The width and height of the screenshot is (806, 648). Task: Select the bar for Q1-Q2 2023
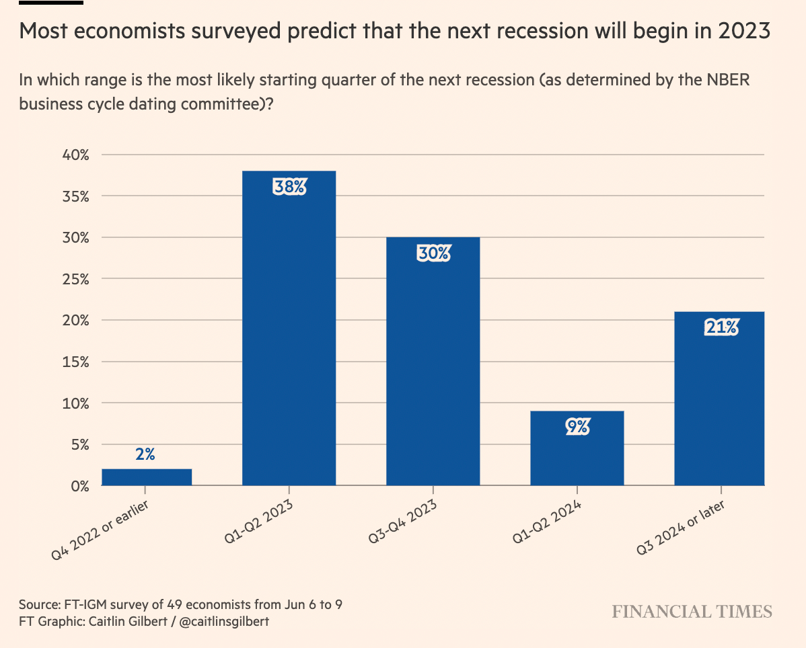[289, 336]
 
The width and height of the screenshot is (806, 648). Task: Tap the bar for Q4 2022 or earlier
[147, 477]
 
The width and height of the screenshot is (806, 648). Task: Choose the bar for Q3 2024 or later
[719, 403]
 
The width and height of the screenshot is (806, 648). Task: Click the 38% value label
[289, 187]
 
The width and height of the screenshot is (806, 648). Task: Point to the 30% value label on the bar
[433, 253]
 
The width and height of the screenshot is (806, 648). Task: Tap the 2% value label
[145, 454]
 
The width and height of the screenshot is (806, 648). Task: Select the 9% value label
[577, 426]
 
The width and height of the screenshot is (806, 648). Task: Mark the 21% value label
[721, 327]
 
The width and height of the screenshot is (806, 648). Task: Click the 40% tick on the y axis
[75, 155]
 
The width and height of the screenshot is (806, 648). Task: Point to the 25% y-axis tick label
[75, 279]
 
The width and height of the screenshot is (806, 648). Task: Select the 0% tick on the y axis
[79, 485]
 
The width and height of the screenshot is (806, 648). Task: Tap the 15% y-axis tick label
[75, 362]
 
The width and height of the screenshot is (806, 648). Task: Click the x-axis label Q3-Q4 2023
[402, 523]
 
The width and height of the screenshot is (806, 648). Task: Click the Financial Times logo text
[692, 612]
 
